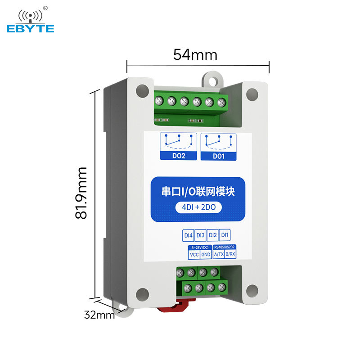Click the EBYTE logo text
tap(30, 28)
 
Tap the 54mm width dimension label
tap(195, 54)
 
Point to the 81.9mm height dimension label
tap(81, 193)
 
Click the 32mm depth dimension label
tap(99, 315)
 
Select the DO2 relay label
tap(179, 157)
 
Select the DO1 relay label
tap(218, 157)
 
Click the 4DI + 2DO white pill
tap(198, 208)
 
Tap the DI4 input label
tap(188, 235)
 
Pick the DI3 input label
tap(201, 235)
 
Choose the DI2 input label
tap(213, 235)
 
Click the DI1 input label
tap(225, 235)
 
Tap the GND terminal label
tap(206, 255)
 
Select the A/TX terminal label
tap(219, 255)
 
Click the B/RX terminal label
tap(231, 255)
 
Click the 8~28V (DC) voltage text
tap(199, 248)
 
